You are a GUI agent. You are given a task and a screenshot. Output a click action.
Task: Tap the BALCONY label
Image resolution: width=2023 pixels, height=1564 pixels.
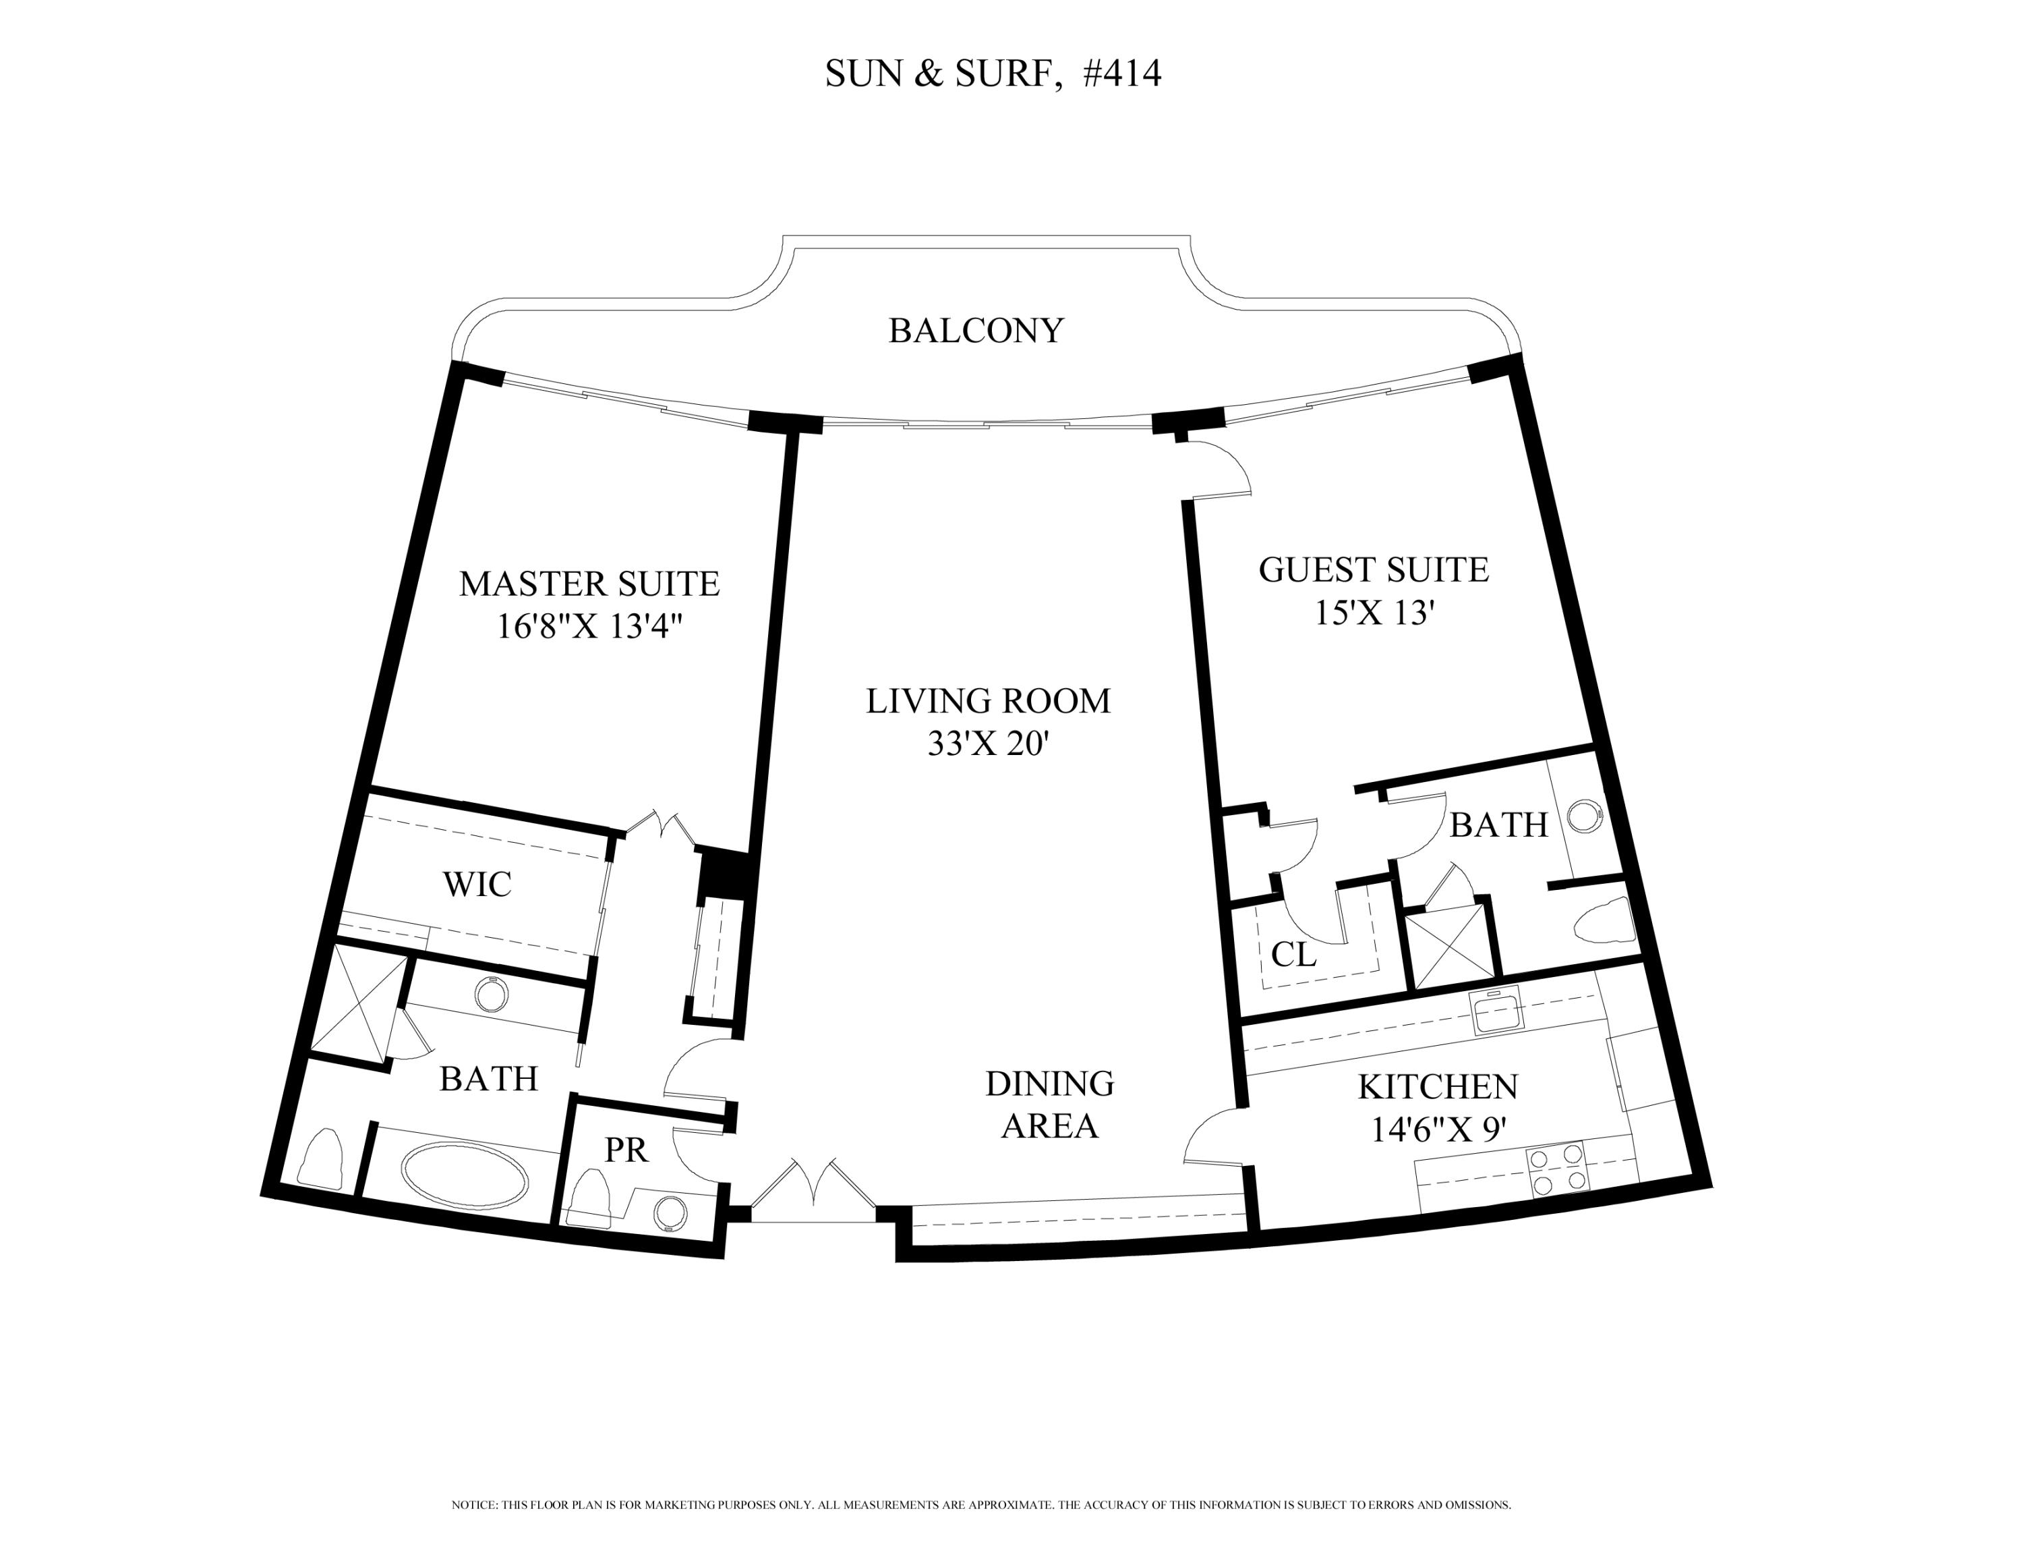coord(976,331)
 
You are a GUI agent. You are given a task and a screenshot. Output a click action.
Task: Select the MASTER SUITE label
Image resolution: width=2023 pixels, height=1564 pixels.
coord(589,584)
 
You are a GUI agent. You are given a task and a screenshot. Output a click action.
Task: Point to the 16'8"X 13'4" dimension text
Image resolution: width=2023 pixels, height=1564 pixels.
coord(590,627)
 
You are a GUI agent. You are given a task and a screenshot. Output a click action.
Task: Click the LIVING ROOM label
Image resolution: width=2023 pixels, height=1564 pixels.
coord(987,702)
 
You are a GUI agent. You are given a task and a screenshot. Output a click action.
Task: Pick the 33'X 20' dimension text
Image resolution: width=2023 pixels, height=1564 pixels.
coord(987,745)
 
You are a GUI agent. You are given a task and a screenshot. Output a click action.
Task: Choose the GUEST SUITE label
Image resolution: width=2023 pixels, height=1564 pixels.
coord(1374,569)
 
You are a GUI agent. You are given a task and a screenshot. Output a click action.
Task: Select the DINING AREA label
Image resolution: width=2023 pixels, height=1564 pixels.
coord(1049,1105)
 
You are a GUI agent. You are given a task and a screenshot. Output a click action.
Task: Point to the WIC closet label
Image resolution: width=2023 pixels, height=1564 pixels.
coord(477,885)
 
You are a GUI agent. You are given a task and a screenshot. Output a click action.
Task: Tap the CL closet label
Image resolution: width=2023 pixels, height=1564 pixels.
coord(1293,954)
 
